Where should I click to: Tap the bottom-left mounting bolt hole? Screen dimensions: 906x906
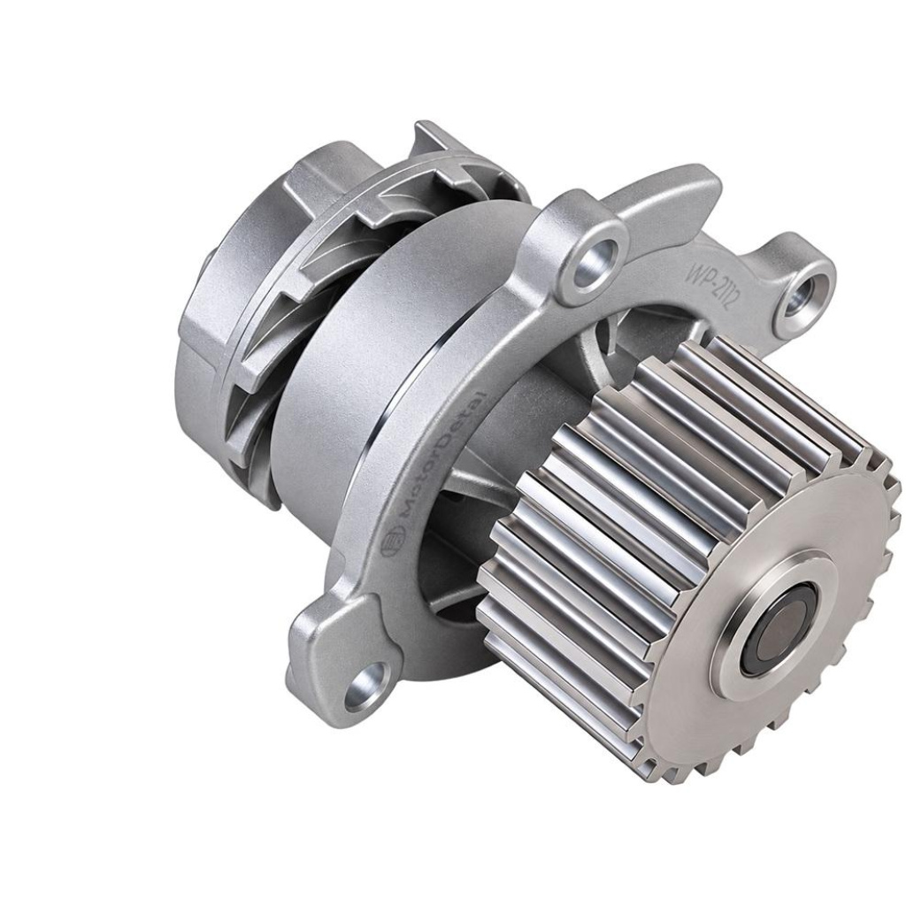[365, 684]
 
